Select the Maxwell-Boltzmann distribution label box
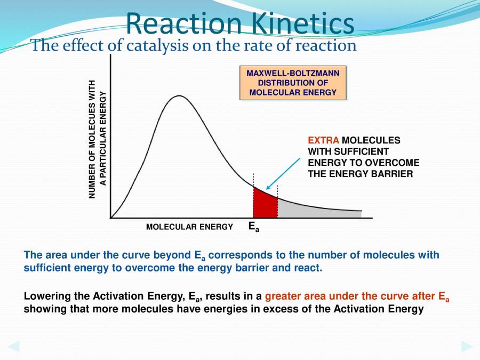(293, 83)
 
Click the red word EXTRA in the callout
(323, 140)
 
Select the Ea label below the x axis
(254, 227)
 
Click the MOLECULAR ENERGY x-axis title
(189, 227)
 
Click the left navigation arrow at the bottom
(13, 346)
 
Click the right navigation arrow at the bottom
(467, 346)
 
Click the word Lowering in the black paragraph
(44, 296)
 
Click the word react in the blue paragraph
(308, 268)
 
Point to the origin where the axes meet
(110, 218)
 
